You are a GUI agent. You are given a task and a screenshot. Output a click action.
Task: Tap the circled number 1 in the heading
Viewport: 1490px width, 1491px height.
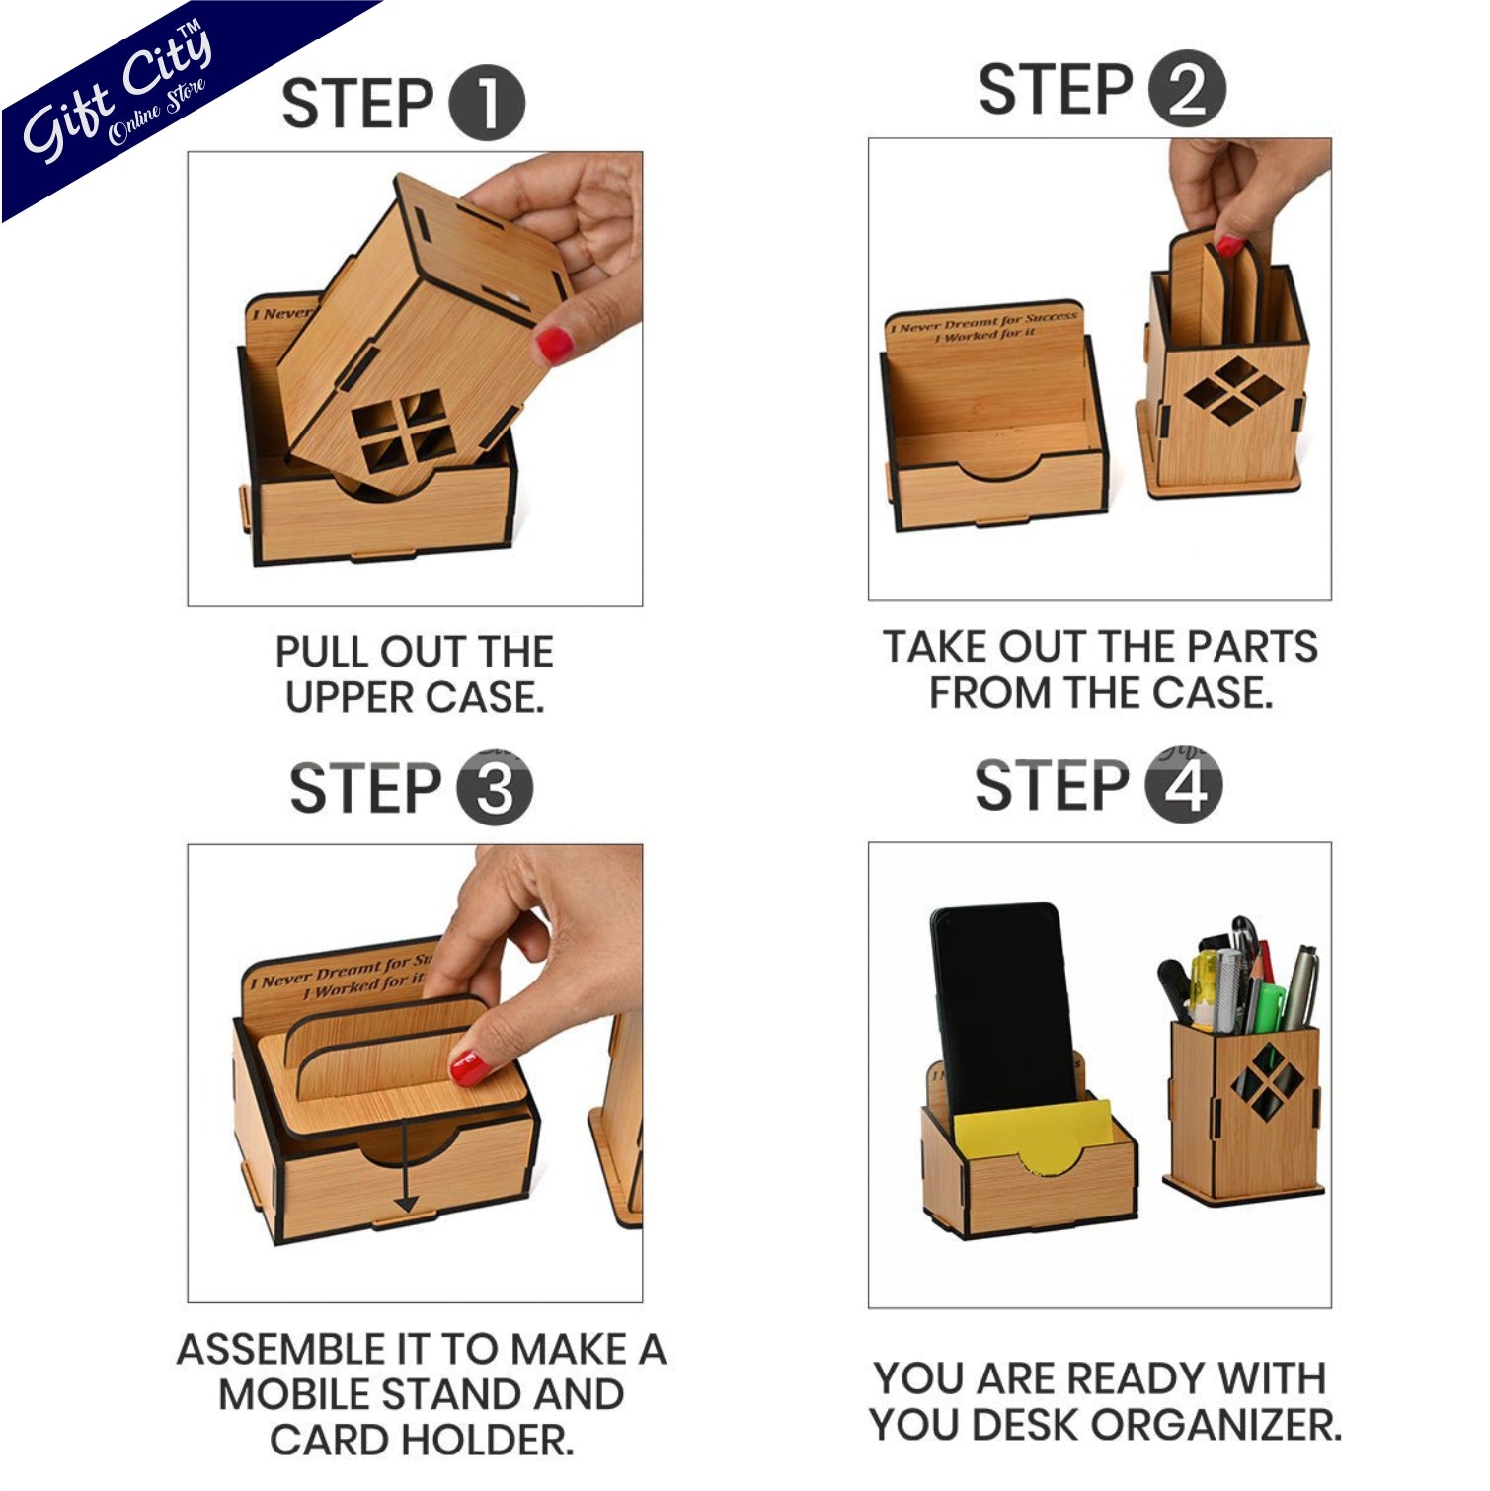(x=487, y=103)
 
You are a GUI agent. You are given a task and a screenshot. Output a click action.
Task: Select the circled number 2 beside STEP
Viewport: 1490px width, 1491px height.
(x=1187, y=89)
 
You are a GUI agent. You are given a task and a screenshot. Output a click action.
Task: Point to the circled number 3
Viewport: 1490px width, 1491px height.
(x=495, y=788)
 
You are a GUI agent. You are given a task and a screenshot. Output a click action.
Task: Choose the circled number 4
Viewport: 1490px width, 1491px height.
(x=1184, y=786)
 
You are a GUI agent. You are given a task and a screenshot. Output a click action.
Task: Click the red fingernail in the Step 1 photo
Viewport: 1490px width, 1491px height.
(x=554, y=343)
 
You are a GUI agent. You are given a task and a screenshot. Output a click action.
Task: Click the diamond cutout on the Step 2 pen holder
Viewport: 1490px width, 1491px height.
(x=1233, y=391)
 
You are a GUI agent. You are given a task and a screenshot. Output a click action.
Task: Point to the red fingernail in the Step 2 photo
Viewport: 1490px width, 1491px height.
(x=1229, y=245)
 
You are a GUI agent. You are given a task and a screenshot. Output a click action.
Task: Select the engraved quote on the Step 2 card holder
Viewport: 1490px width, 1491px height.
(x=984, y=327)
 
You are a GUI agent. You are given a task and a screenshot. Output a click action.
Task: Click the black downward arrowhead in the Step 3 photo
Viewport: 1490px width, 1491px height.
(x=406, y=1205)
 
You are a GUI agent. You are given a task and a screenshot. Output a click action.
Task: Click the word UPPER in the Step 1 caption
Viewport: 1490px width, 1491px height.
(x=350, y=698)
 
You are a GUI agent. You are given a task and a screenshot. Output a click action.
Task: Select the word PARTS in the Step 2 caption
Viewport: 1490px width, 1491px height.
(x=1251, y=647)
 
